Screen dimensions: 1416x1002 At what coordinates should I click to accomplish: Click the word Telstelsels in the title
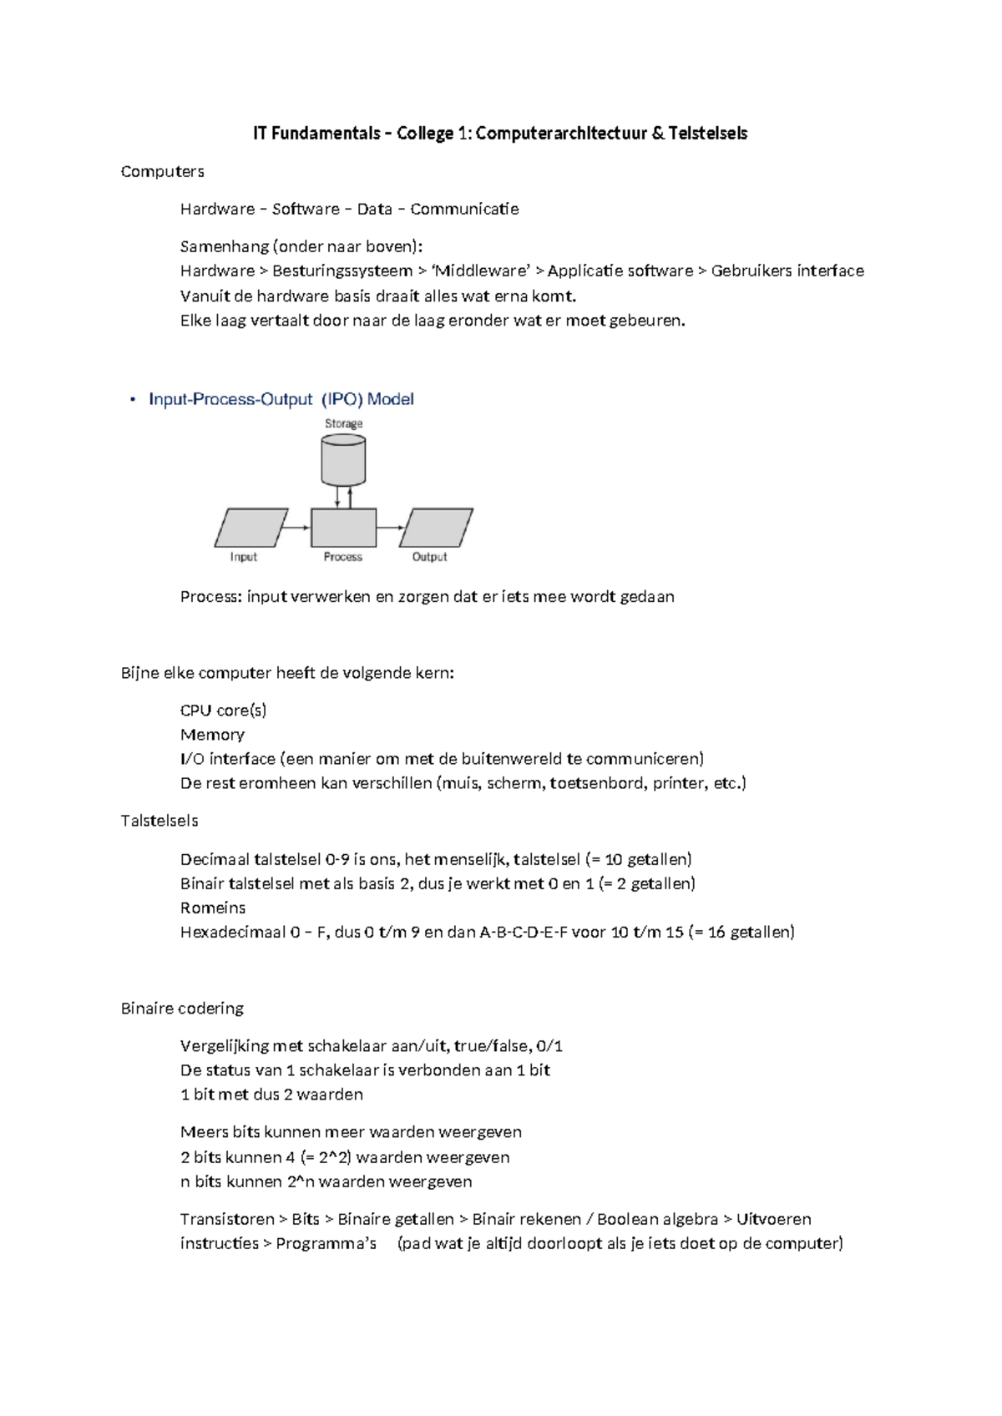(x=707, y=134)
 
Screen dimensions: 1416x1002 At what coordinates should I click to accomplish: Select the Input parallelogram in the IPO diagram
(x=250, y=528)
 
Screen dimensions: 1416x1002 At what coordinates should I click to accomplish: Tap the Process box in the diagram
(x=343, y=528)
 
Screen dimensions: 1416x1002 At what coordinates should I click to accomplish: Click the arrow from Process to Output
(x=391, y=528)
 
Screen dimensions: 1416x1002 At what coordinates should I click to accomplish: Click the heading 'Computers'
(x=162, y=171)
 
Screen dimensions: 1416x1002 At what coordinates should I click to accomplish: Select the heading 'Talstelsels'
(x=159, y=821)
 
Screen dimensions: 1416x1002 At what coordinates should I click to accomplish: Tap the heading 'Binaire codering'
(x=182, y=1009)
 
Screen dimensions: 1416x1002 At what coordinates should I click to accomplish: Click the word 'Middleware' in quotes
(x=482, y=271)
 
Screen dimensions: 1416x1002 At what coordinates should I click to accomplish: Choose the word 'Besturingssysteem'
(x=342, y=271)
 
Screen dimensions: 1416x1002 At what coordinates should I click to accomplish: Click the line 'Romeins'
(x=213, y=908)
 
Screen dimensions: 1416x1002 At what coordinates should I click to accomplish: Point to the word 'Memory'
(x=212, y=735)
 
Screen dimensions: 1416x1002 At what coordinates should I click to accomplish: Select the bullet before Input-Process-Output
(x=132, y=399)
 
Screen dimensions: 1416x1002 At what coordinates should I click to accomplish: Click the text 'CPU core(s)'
(x=223, y=711)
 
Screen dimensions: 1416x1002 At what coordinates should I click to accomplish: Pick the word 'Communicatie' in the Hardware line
(x=464, y=209)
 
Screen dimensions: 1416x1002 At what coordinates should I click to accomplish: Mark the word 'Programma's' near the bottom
(x=326, y=1243)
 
